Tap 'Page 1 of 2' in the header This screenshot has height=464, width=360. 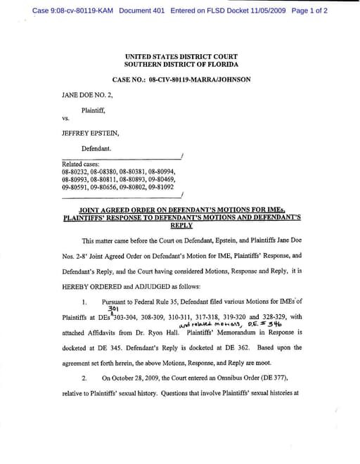pyautogui.click(x=307, y=11)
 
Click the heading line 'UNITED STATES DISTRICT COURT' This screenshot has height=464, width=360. pyautogui.click(x=181, y=56)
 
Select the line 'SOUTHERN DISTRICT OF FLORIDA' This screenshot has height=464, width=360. pyautogui.click(x=181, y=64)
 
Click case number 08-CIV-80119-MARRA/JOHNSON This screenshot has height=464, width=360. pyautogui.click(x=199, y=79)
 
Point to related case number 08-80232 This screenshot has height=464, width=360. pyautogui.click(x=75, y=172)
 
